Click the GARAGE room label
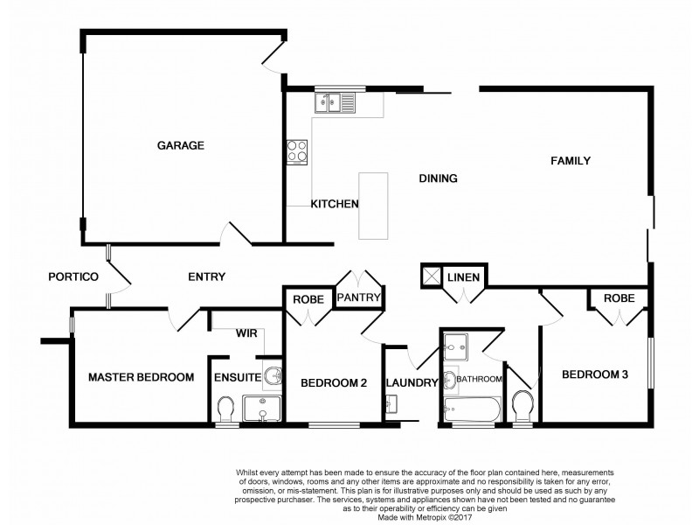(181, 146)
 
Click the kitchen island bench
(372, 206)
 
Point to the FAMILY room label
(571, 161)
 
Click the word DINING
(439, 178)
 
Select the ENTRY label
(207, 277)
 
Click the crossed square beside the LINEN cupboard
(431, 275)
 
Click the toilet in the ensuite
(225, 408)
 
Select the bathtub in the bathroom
(471, 409)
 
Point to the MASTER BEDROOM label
(141, 378)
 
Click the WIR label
(246, 332)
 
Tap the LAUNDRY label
(412, 382)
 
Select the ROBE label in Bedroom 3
(619, 298)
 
